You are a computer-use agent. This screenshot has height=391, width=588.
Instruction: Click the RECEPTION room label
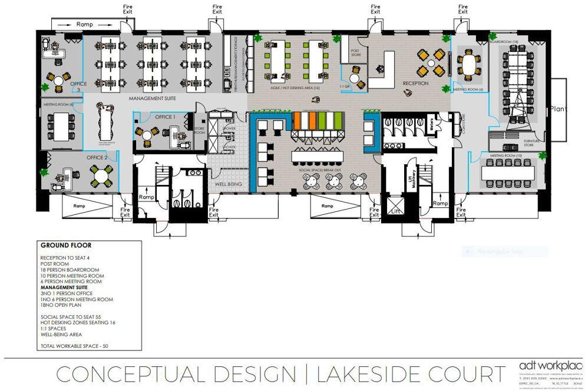pos(415,84)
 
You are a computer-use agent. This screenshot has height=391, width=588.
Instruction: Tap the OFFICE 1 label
pos(166,117)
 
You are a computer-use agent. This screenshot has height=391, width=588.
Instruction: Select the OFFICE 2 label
pos(97,157)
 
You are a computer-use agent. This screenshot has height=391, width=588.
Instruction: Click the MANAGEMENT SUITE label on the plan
pos(153,98)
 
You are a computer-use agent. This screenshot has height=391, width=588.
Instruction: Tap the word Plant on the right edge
pos(559,108)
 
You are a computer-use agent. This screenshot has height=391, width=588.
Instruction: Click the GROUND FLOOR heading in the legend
pos(65,245)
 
